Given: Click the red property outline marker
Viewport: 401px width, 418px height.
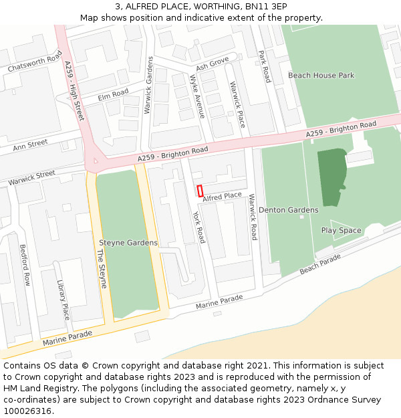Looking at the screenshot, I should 200,191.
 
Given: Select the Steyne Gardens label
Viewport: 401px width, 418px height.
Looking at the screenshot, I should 128,243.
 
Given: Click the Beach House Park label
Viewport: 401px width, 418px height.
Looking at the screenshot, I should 321,76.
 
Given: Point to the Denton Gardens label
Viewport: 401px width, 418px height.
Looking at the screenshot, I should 288,210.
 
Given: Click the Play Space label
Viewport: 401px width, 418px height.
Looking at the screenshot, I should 341,230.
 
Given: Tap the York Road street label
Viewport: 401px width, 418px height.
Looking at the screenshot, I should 198,227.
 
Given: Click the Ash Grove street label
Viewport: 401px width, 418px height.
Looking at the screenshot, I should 212,64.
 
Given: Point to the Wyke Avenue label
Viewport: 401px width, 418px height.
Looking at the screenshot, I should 197,96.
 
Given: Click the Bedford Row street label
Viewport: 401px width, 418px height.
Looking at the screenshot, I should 25,265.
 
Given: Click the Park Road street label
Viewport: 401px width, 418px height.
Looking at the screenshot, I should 264,66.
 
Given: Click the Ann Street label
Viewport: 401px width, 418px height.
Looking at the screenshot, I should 31,144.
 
